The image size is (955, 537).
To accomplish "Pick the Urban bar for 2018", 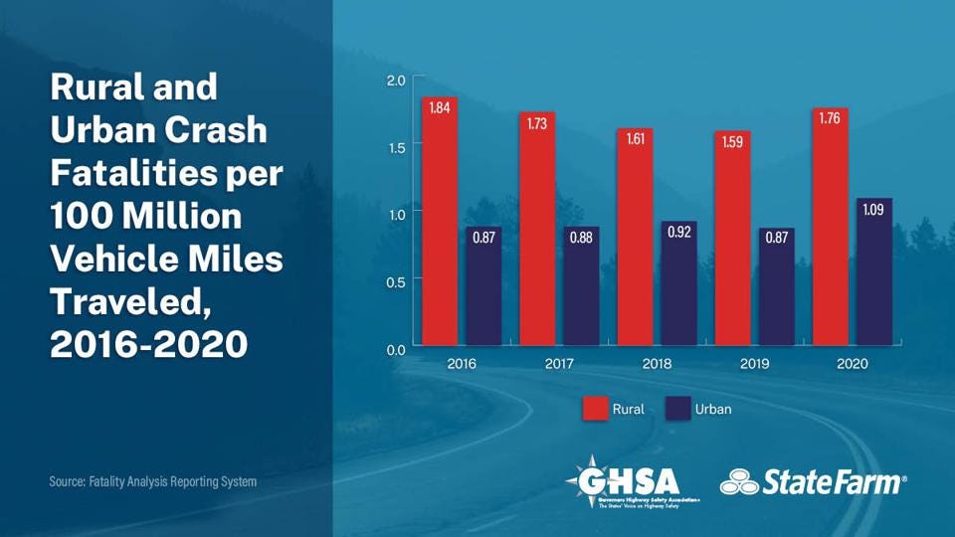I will (679, 283).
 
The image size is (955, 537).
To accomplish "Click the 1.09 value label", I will (874, 210).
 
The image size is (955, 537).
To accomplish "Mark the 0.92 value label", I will (679, 233).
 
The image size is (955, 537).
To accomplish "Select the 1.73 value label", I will (537, 123).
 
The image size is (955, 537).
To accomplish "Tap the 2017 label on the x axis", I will (559, 364).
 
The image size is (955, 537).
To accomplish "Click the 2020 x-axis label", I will (853, 364).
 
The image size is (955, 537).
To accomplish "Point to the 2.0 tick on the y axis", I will (396, 80).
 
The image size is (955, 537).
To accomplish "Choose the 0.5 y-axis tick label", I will (396, 281).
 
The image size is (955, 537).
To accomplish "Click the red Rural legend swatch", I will (594, 409).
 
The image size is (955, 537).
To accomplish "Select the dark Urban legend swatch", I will (677, 409).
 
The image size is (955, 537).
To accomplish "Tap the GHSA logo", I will (633, 483).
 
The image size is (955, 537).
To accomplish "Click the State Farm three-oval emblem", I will (739, 483).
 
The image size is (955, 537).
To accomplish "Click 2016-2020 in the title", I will (148, 344).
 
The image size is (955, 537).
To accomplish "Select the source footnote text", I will (153, 481).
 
